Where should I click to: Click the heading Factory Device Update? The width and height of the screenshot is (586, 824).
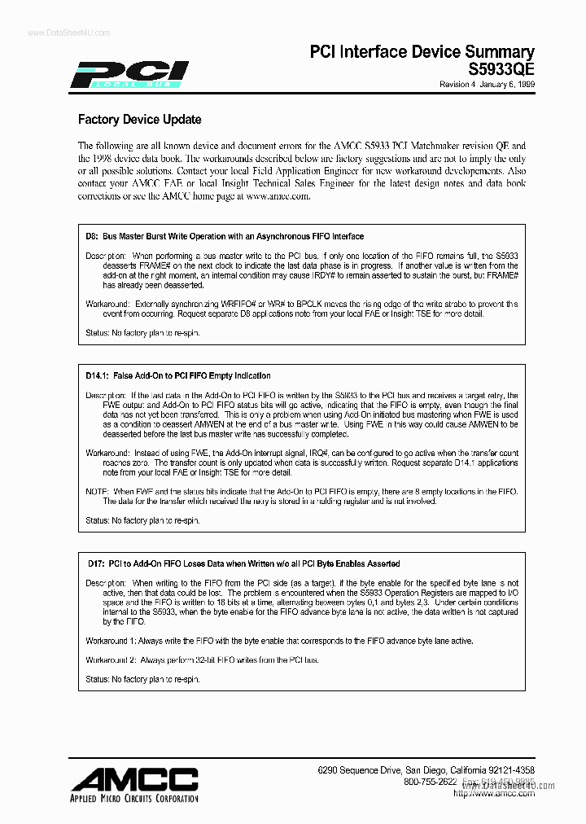click(139, 120)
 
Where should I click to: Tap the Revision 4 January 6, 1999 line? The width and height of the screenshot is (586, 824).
click(487, 85)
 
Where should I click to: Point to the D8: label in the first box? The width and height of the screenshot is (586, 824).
click(92, 236)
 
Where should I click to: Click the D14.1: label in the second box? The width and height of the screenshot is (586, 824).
click(98, 375)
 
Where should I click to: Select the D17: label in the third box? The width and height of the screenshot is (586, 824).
click(96, 563)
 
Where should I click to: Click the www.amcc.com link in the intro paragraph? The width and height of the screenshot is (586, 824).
click(278, 196)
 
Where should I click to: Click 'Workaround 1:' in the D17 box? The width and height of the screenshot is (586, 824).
click(113, 641)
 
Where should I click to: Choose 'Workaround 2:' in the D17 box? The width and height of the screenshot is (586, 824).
click(113, 660)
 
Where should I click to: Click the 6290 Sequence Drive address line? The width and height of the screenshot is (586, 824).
click(426, 769)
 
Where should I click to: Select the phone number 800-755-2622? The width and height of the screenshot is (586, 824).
click(431, 782)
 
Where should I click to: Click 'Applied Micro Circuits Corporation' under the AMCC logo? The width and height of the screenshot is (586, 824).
click(135, 798)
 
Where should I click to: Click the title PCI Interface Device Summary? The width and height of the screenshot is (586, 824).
click(422, 52)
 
